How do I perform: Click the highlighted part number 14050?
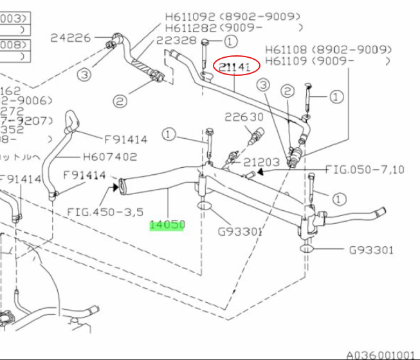coord(167,225)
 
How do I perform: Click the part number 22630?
coord(244,117)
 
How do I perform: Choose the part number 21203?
coord(262,163)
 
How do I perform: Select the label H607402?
coord(110,156)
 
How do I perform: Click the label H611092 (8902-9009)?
coord(233,16)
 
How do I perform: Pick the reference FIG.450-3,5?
coord(105,211)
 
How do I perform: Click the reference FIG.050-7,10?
coord(365,170)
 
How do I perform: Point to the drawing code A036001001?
coord(381,354)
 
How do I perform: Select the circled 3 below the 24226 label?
coord(85,75)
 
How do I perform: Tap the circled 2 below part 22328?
coord(120,101)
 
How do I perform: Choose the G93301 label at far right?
coord(371,250)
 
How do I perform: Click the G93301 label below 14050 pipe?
coord(240,231)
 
